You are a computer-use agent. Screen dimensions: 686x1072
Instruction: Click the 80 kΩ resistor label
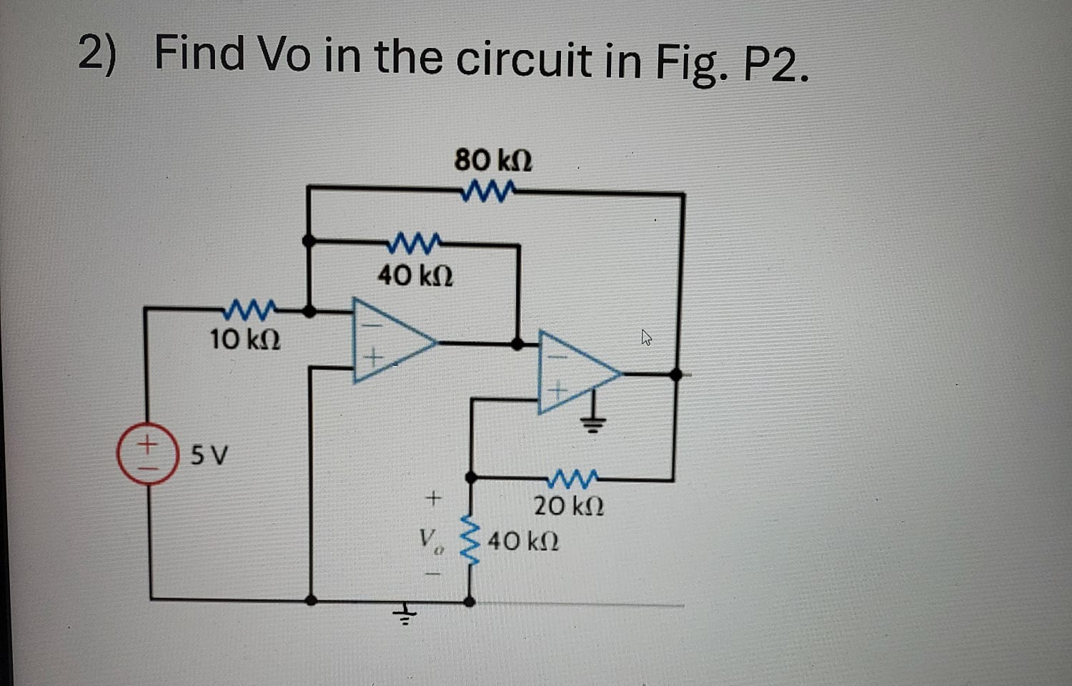click(493, 160)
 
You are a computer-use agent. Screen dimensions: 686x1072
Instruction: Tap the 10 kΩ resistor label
click(245, 339)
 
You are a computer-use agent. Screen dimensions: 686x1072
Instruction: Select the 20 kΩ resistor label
click(569, 506)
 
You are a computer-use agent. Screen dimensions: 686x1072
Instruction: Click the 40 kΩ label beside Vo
click(523, 542)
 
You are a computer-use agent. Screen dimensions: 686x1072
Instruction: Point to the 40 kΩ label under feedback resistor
click(415, 275)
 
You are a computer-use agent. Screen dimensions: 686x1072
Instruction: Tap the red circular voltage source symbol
click(147, 454)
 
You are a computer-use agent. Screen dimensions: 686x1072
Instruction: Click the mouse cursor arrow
click(646, 337)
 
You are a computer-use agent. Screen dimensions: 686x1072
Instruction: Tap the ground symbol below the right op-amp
click(594, 422)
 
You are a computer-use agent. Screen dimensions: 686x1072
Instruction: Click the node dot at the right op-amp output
click(675, 374)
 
